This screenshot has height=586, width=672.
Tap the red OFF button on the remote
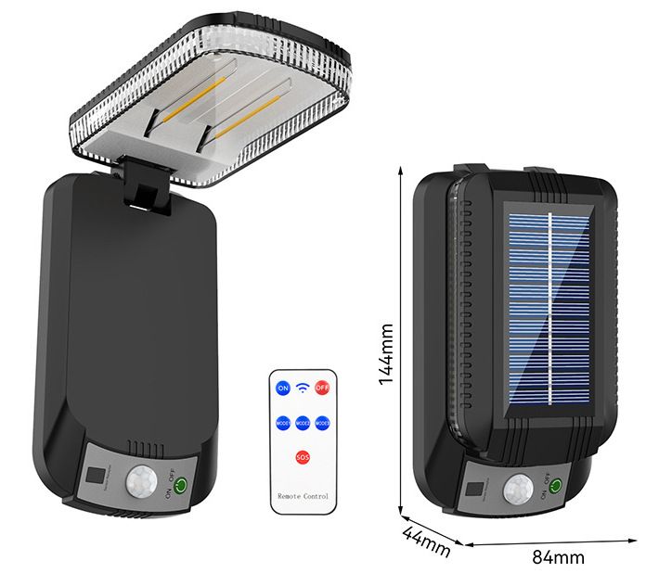321,388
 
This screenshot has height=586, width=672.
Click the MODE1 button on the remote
283,423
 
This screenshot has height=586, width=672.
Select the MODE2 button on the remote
303,423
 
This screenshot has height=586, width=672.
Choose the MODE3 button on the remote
322,423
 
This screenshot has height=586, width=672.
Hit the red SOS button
303,457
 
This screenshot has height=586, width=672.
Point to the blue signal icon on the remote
302,388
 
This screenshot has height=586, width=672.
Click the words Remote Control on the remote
303,497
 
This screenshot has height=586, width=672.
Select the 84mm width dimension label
558,557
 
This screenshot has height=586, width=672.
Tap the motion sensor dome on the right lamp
516,490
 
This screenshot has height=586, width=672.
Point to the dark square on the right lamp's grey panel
474,489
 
